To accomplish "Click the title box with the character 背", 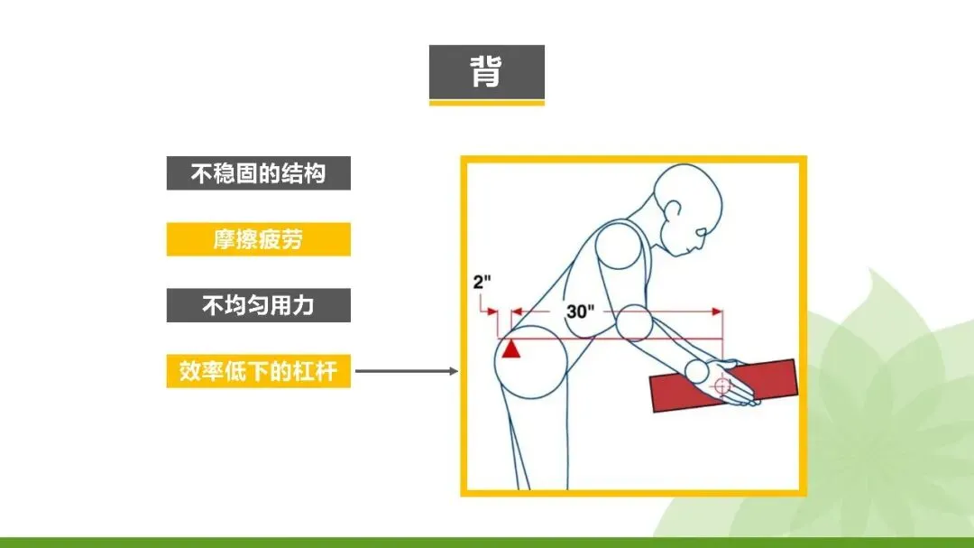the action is pos(486,71).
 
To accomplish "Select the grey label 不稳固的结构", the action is pos(258,173).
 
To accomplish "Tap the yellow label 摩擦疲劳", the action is pos(258,239).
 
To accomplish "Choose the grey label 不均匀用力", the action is pos(258,305).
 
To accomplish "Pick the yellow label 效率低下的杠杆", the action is pos(258,371).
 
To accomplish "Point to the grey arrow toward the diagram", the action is pos(406,371).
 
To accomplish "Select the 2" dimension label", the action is pos(482,281).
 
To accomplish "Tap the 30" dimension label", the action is pos(580,311).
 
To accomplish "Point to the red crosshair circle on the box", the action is pos(721,385).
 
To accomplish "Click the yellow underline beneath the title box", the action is pos(486,103).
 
